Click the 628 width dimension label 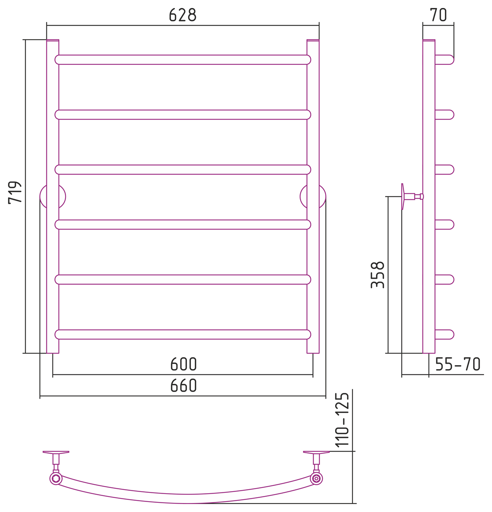pyautogui.click(x=182, y=15)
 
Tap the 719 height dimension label pyautogui.click(x=15, y=192)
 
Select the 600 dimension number pyautogui.click(x=183, y=364)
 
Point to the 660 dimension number pyautogui.click(x=183, y=386)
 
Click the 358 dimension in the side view pyautogui.click(x=378, y=275)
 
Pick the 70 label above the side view pyautogui.click(x=438, y=15)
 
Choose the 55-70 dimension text pyautogui.click(x=458, y=364)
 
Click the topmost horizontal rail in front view pyautogui.click(x=183, y=60)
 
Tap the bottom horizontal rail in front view pyautogui.click(x=183, y=334)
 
